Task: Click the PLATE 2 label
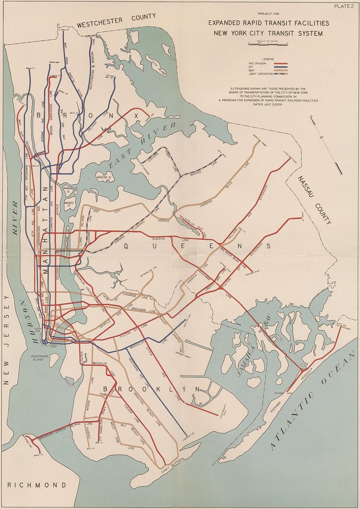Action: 345,6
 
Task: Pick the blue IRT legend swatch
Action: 280,67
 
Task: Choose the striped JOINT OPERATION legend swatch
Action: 280,74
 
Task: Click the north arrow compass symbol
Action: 326,142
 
